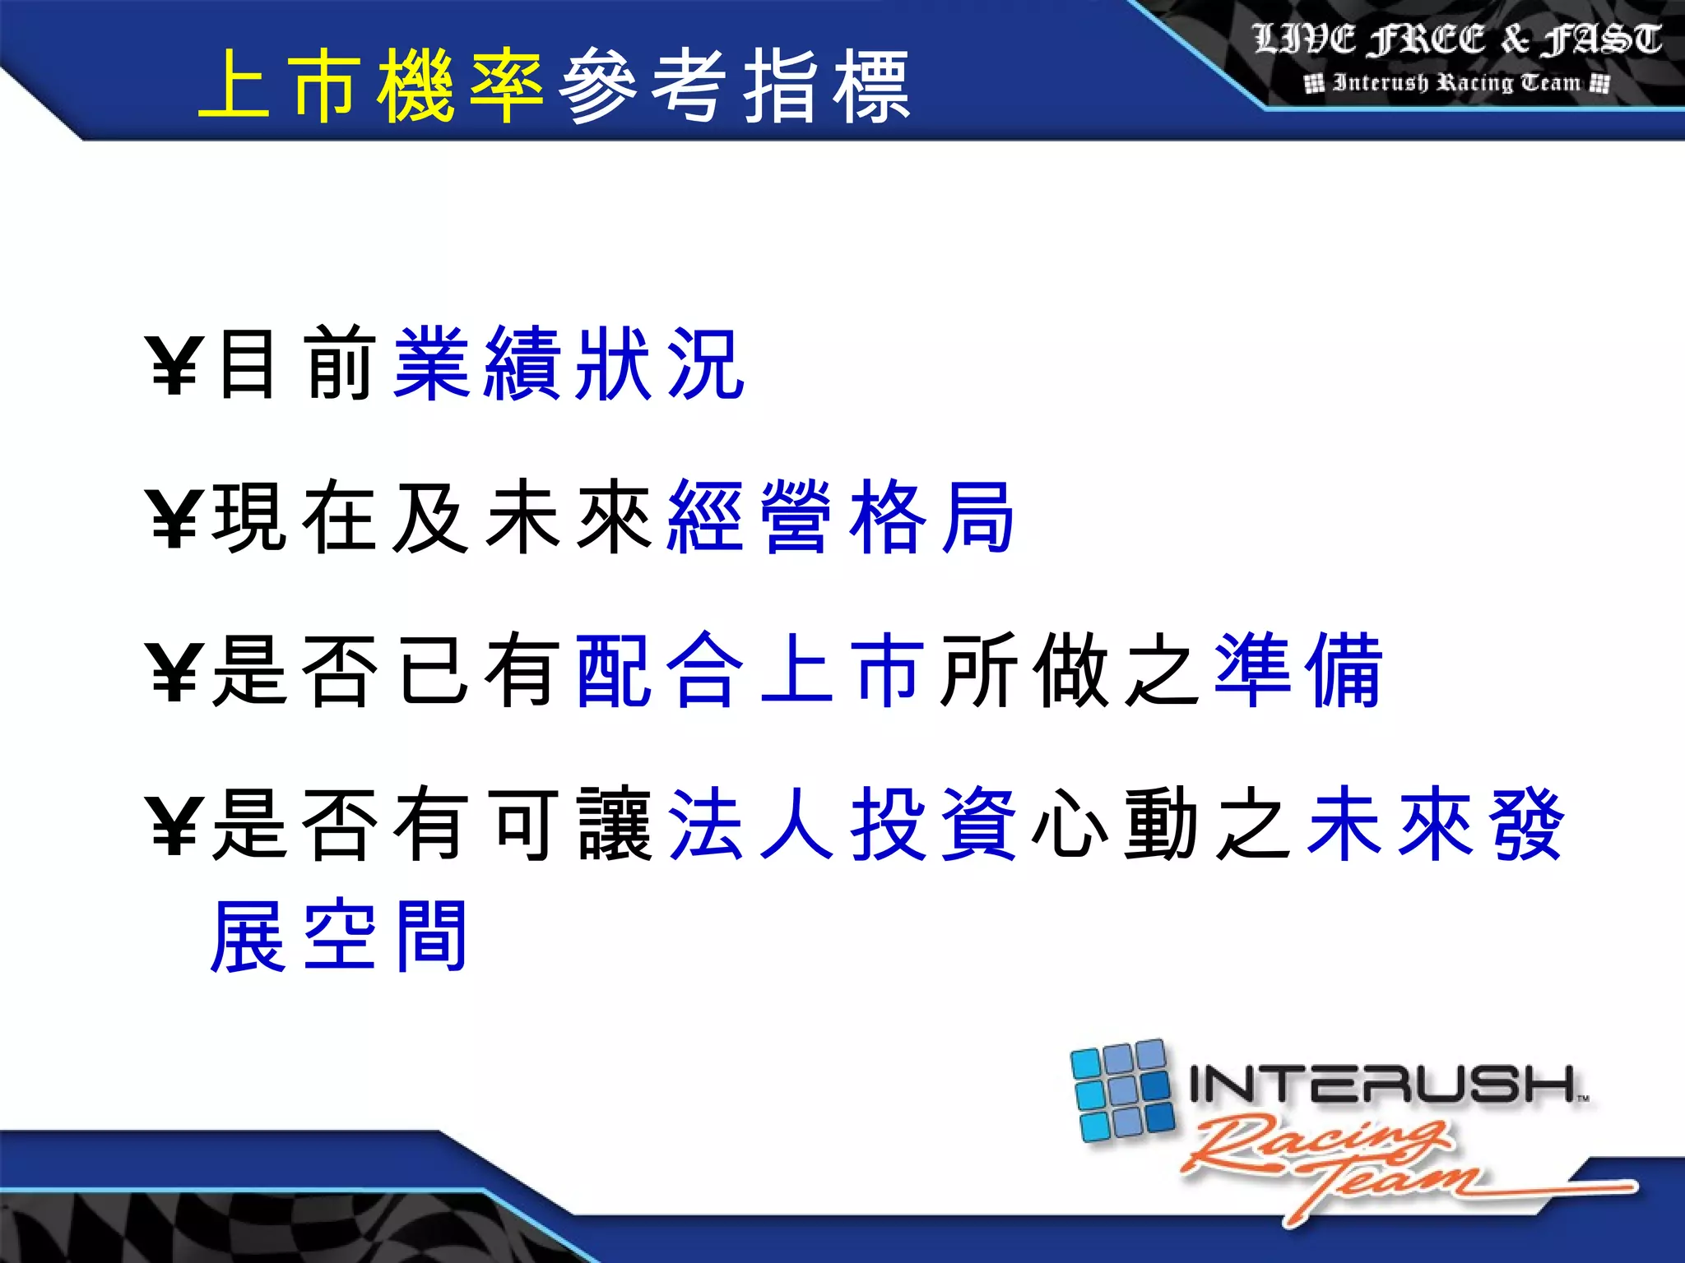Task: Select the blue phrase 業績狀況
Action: [x=569, y=364]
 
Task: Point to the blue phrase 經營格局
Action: [x=841, y=517]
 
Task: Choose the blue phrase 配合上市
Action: [x=749, y=670]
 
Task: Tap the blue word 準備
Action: [x=1298, y=670]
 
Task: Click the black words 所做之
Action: [x=1070, y=670]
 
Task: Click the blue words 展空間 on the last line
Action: [x=339, y=936]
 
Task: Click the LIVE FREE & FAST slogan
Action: [x=1456, y=39]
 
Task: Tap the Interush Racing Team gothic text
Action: [x=1456, y=83]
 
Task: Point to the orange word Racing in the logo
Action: [x=1316, y=1143]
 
